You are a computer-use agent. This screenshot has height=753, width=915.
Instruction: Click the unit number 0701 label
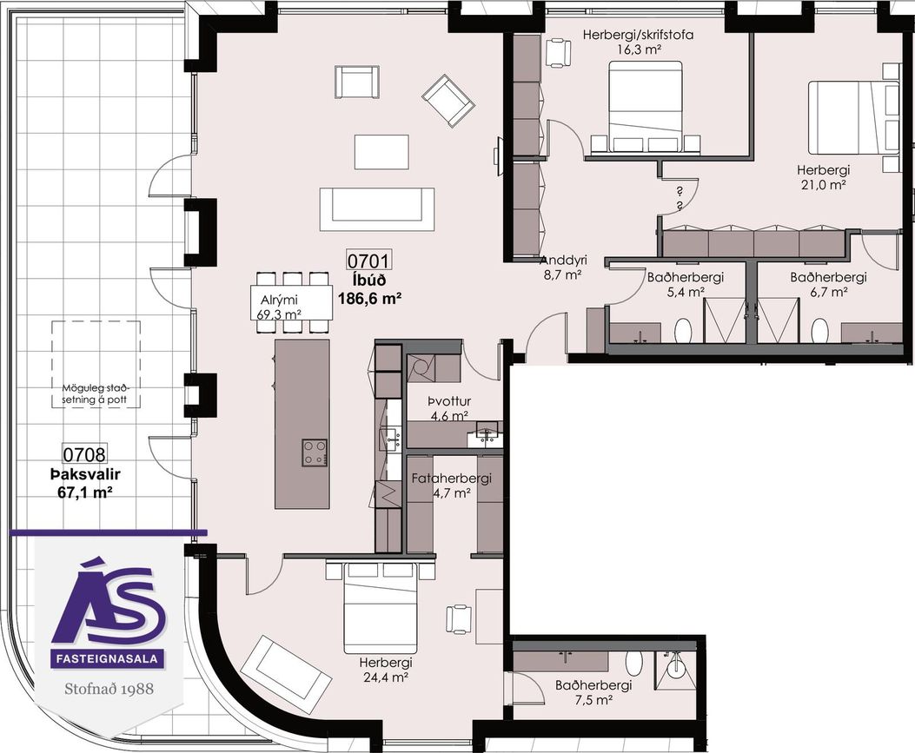pos(368,260)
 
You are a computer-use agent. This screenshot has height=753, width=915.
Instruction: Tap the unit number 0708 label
pos(84,453)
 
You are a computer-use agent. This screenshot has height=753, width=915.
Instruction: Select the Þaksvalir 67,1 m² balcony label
pos(84,484)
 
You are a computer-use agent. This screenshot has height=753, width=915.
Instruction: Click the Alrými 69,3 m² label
pos(279,307)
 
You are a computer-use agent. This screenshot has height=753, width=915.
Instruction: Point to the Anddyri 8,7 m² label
pos(563,268)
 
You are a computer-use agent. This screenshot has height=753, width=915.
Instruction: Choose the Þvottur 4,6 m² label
pos(448,408)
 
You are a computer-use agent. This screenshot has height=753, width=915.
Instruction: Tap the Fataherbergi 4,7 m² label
pos(452,485)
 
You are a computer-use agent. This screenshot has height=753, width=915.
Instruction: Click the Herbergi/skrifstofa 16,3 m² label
pos(638,42)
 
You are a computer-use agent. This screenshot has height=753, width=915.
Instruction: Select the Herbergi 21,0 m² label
pos(824,177)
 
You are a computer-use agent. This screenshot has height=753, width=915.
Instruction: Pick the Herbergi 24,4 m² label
pos(386,670)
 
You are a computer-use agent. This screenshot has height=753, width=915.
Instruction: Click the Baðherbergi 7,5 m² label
pos(593,693)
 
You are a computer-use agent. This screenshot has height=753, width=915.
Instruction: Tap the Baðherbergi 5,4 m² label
pos(685,285)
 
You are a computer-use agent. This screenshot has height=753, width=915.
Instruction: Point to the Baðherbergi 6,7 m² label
pos(829,285)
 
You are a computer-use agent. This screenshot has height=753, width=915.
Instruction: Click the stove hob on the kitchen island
pos(315,452)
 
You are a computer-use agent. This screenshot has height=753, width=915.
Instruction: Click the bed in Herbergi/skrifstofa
pos(645,107)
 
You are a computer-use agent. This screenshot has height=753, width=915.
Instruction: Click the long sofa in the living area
pos(377,208)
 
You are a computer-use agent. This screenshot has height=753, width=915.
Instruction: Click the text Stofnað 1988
pos(109,688)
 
